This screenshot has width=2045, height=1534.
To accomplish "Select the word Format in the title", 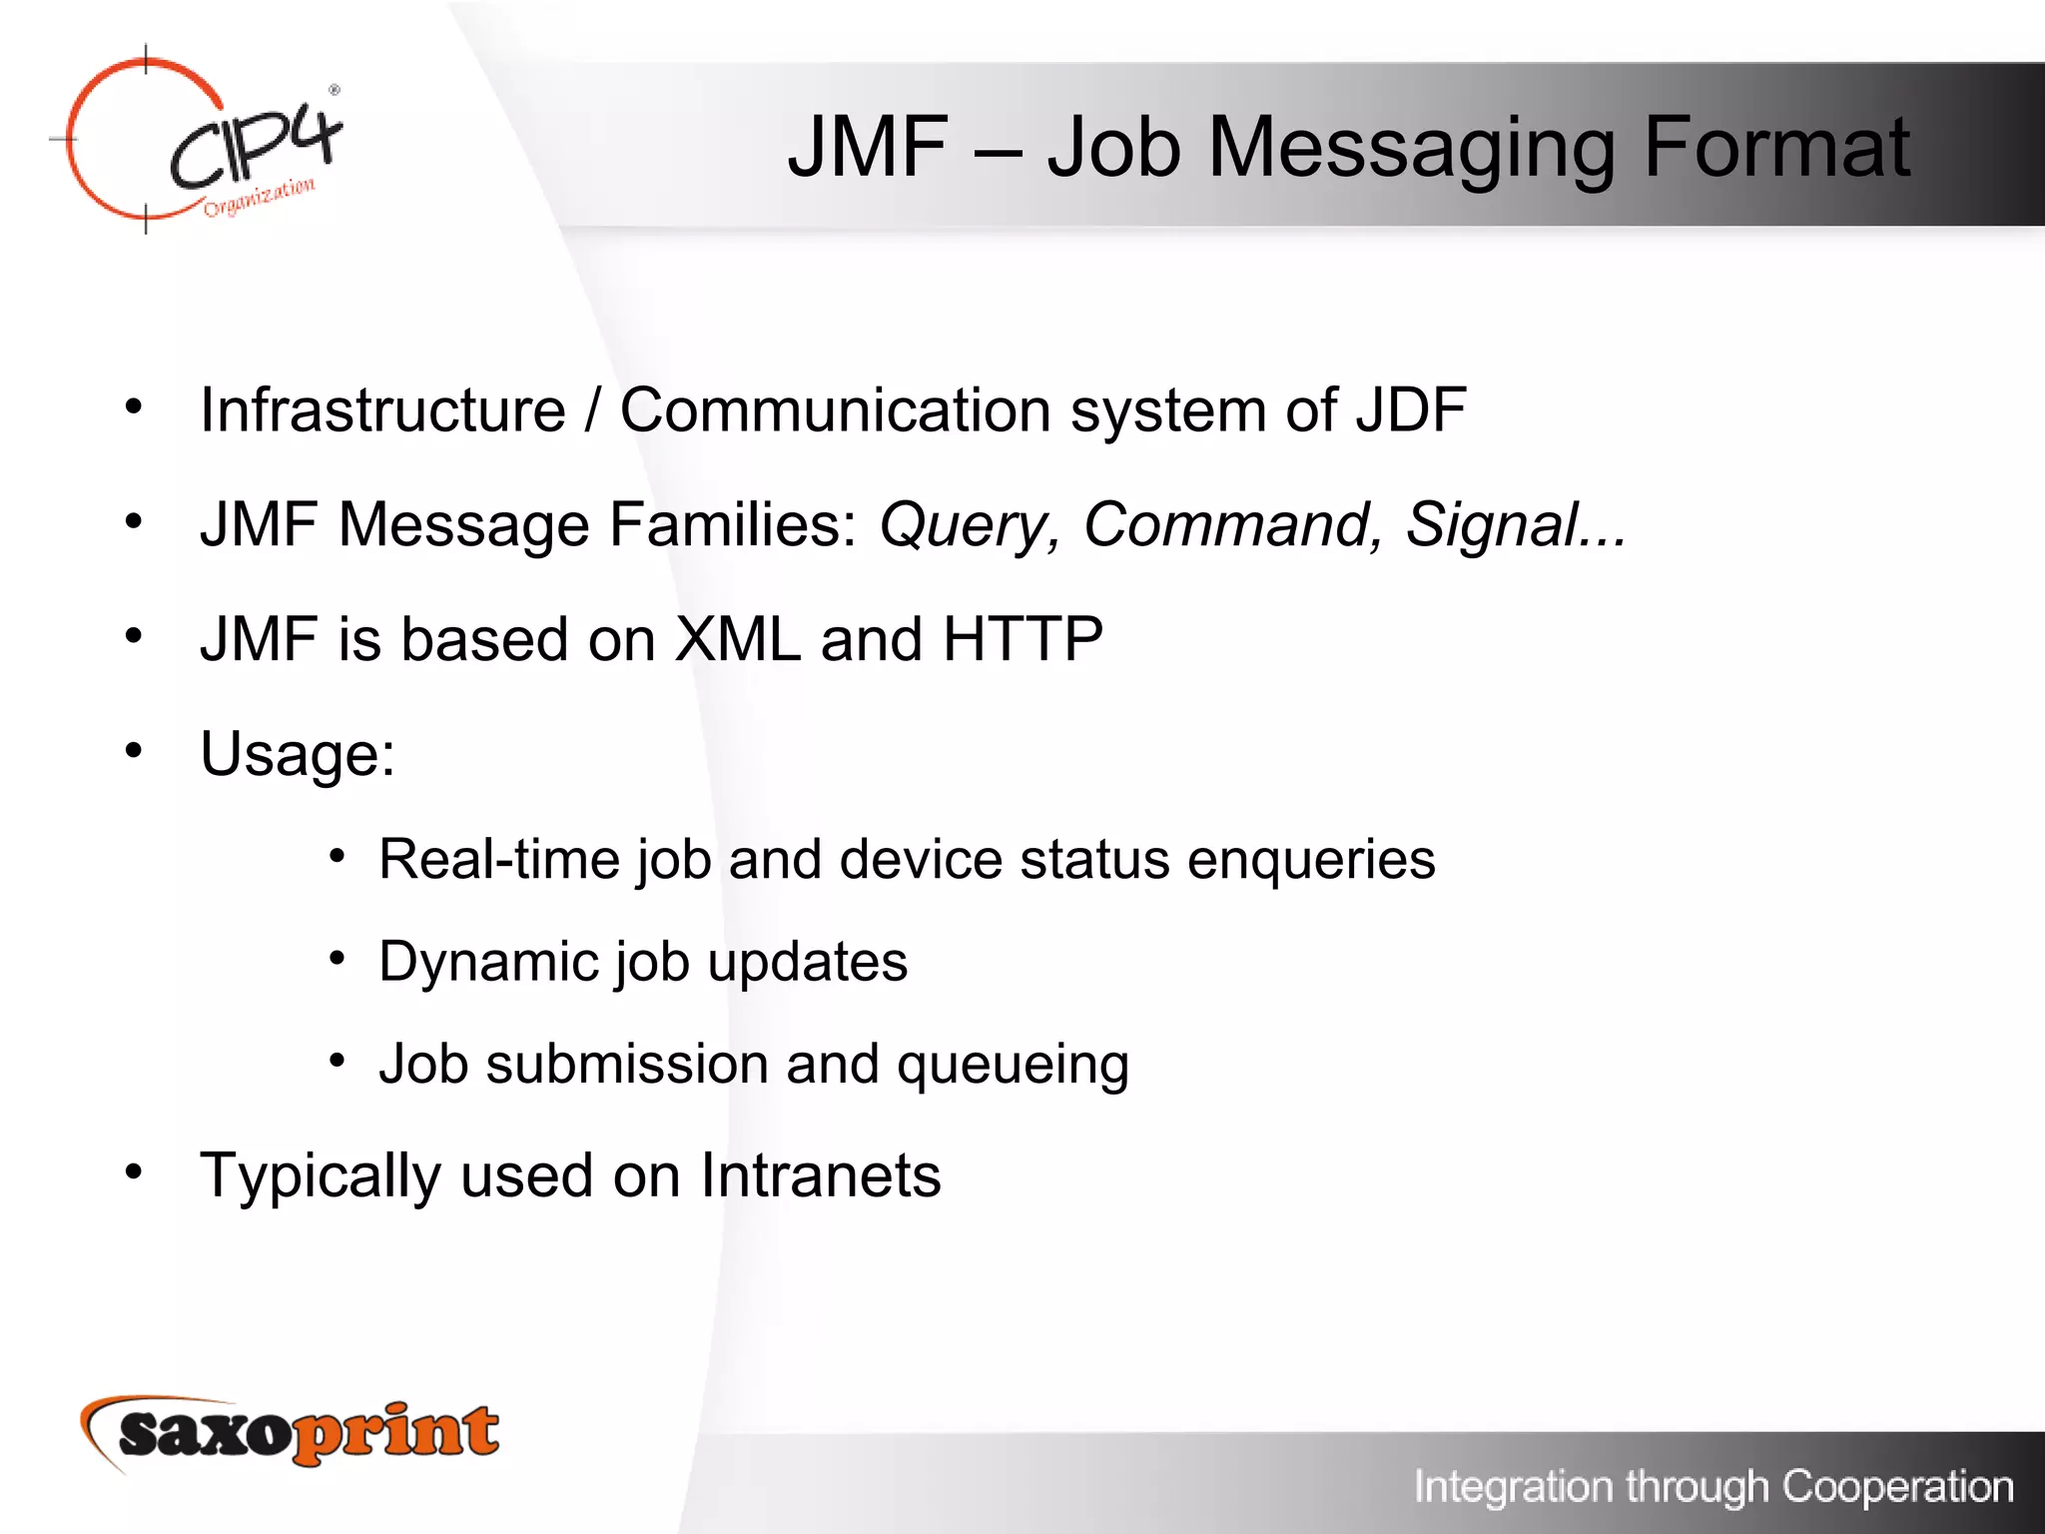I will click(x=1776, y=148).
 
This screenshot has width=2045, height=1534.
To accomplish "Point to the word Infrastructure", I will click(x=382, y=410).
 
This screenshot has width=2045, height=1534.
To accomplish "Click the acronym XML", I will click(x=737, y=639).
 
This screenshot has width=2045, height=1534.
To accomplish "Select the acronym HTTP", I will click(x=1022, y=639).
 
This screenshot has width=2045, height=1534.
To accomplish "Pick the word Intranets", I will click(x=820, y=1175).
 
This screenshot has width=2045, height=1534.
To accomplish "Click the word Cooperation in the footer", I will click(x=1897, y=1487).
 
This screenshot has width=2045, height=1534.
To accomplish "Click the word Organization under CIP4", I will click(x=260, y=197).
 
